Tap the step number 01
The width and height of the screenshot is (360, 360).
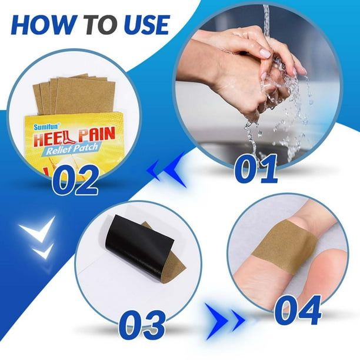click(256, 169)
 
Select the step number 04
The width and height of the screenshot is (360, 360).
click(298, 310)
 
